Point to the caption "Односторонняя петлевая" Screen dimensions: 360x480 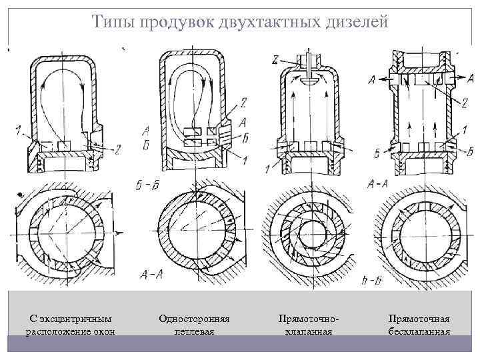point(194,325)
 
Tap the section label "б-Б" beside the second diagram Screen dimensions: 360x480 point(147,185)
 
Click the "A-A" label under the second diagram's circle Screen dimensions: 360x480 point(153,273)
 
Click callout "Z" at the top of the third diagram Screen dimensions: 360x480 point(275,59)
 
